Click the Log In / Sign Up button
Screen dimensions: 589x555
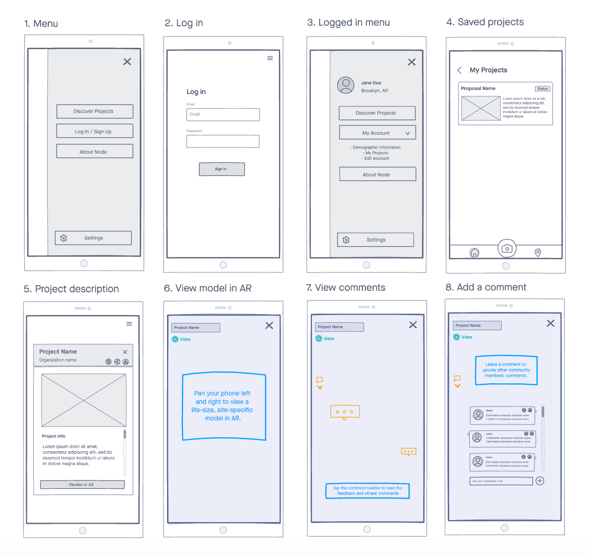tap(95, 131)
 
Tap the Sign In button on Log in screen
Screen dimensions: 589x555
tap(222, 169)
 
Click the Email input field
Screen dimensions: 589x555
tap(223, 115)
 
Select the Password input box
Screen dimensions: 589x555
tap(223, 141)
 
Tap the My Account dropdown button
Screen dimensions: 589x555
tap(377, 133)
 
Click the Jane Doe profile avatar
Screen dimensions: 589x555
tap(346, 85)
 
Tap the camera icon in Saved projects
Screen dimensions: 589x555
tap(507, 249)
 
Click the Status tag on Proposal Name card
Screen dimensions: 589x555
tap(542, 89)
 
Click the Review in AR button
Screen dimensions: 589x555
tap(82, 485)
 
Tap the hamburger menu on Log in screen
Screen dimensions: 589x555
tap(270, 59)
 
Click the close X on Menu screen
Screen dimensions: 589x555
tap(127, 62)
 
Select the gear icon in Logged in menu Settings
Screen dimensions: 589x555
tap(346, 240)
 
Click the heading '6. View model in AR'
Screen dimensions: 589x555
tap(208, 288)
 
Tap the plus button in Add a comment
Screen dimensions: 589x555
tap(540, 481)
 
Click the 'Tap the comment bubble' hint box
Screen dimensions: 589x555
tap(367, 491)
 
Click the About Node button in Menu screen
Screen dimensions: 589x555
tap(95, 152)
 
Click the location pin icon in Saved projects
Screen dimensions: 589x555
tap(538, 252)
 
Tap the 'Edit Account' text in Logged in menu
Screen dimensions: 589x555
tap(377, 158)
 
